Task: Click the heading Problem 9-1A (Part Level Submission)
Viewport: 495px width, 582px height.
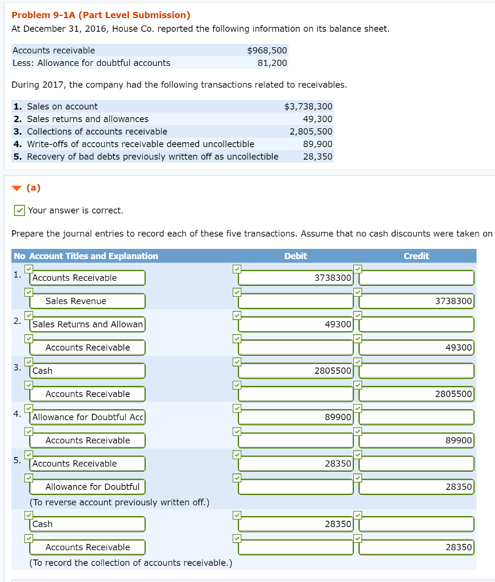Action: [101, 15]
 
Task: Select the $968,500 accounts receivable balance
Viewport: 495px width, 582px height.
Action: [267, 51]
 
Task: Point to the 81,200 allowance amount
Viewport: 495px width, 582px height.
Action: [272, 63]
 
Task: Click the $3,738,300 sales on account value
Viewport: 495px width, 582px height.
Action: [308, 106]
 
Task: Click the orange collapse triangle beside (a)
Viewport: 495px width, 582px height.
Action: [16, 188]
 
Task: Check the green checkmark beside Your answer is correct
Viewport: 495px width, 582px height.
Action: [19, 211]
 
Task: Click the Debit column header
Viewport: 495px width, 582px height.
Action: [295, 256]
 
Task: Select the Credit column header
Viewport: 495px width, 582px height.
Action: [416, 256]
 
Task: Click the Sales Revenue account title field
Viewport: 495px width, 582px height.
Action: [88, 301]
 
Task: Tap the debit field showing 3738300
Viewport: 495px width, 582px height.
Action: [296, 278]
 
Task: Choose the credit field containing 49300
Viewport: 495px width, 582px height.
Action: [416, 348]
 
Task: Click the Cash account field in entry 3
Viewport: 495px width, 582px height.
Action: [88, 371]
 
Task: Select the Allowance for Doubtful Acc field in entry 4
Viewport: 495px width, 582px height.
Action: [88, 417]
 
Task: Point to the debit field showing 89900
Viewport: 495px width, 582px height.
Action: [296, 417]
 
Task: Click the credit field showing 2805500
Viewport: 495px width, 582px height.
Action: [416, 394]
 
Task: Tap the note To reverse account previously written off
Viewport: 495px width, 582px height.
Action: [119, 502]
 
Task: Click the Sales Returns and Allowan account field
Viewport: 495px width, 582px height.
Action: [88, 325]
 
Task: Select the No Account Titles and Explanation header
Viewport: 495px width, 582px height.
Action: [86, 256]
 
